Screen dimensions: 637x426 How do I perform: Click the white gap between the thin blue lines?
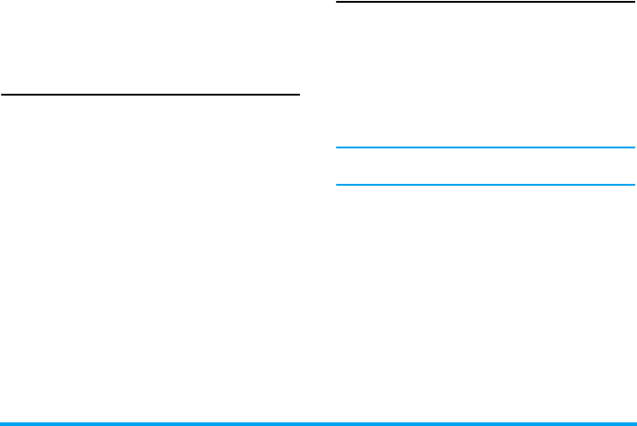point(485,167)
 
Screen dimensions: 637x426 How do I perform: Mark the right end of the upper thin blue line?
point(633,147)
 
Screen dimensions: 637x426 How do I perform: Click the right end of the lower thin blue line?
point(633,186)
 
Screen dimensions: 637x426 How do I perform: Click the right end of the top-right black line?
point(633,2)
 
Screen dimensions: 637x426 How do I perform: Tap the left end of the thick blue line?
point(3,423)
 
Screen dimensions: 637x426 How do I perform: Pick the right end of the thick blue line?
point(633,423)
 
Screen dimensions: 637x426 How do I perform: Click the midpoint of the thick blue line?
point(318,423)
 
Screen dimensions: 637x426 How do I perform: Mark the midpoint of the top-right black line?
point(485,2)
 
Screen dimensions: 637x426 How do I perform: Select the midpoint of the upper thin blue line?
point(485,147)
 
